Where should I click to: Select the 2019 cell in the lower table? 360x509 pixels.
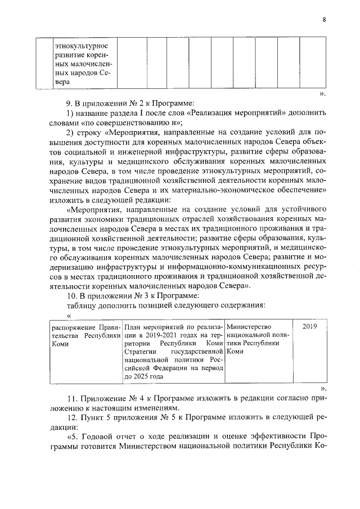coord(309,327)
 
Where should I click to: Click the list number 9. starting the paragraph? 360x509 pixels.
coord(71,102)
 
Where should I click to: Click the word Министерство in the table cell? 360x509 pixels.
coord(249,327)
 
